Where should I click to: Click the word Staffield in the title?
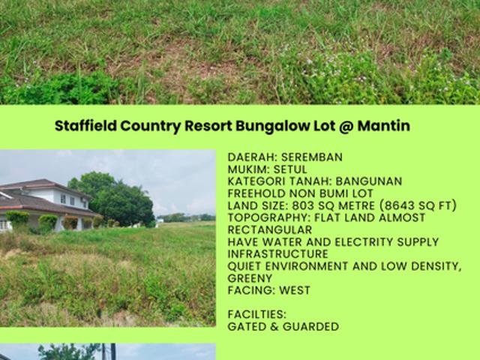point(82,126)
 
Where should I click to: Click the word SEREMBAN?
point(311,157)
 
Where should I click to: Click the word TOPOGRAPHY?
point(262,217)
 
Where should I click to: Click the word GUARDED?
point(313,326)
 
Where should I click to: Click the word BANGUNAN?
point(369,181)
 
